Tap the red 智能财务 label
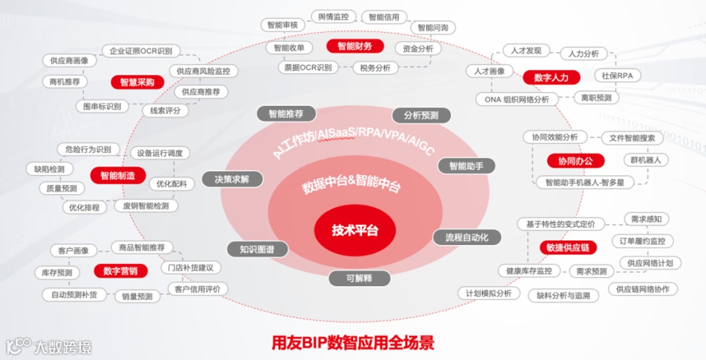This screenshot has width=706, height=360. tap(355, 46)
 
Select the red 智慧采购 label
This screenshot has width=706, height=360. tap(137, 82)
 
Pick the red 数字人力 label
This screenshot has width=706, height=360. tap(551, 77)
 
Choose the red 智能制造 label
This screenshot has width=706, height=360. tap(118, 175)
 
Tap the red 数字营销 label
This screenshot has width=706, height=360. tap(120, 270)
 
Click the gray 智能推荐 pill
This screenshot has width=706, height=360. tap(286, 113)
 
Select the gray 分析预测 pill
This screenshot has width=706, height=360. tap(421, 115)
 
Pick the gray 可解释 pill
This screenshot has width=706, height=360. tap(359, 278)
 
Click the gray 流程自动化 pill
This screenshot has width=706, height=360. tap(467, 237)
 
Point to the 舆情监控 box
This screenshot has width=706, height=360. tap(333, 17)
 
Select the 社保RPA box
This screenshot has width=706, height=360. tap(617, 76)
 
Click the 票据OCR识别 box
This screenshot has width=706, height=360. tap(308, 67)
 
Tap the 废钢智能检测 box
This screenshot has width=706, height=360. tap(146, 206)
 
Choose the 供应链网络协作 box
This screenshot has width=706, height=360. tap(643, 289)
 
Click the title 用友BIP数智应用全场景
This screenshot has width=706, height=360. tap(353, 342)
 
